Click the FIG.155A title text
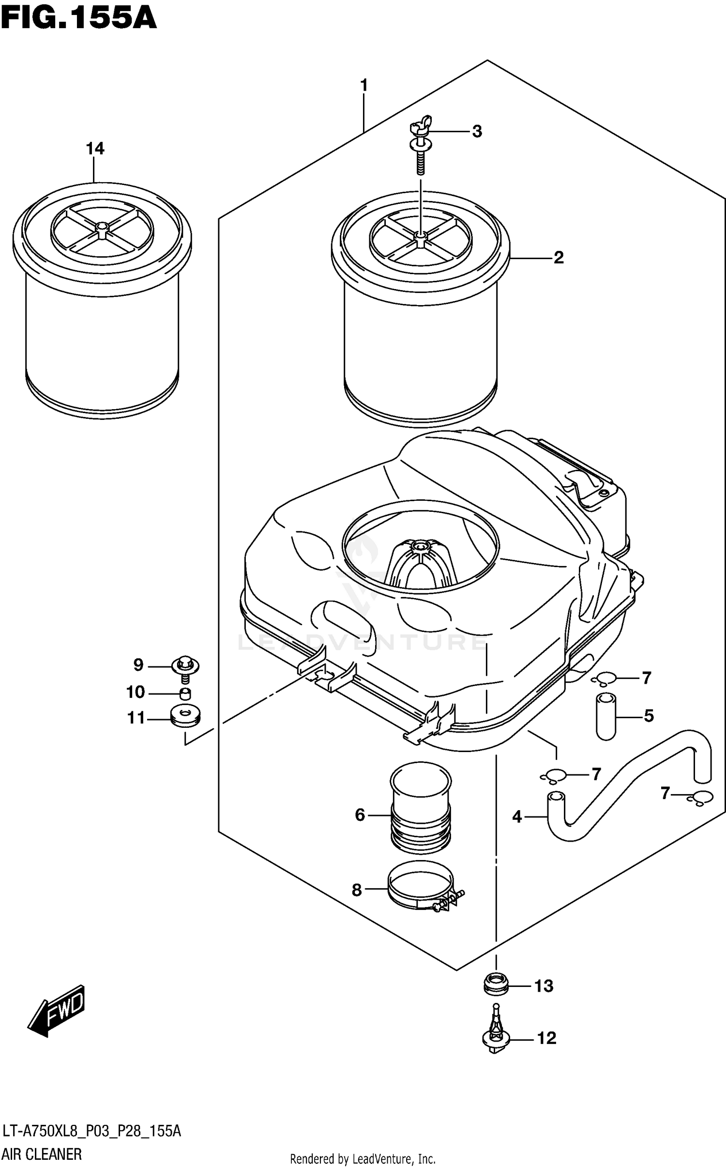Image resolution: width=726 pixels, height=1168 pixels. tap(78, 18)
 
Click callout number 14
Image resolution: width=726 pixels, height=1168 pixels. tap(95, 148)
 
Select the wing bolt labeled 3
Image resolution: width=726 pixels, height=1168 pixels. tap(420, 145)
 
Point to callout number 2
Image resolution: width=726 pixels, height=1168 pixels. tap(559, 257)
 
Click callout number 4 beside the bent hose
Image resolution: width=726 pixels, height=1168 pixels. tap(517, 817)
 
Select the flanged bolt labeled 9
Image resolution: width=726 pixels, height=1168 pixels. tap(186, 666)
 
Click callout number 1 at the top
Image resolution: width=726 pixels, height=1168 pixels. tap(364, 86)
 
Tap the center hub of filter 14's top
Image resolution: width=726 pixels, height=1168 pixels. tap(102, 228)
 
